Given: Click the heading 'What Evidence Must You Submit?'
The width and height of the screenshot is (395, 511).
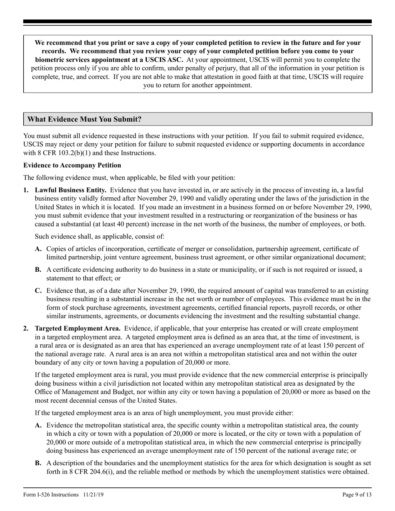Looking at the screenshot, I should point(84,119).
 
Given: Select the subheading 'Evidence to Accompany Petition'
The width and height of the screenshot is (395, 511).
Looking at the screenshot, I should point(72,165).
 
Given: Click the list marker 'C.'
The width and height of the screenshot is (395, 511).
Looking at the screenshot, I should point(38,291).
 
